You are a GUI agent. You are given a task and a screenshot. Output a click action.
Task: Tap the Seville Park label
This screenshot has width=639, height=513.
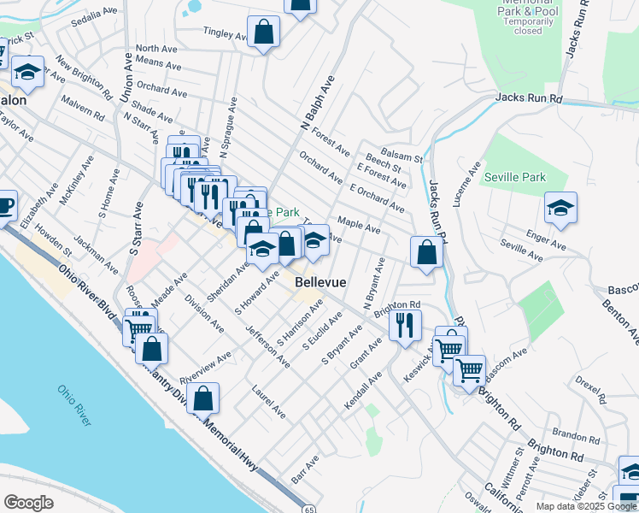[x=513, y=177]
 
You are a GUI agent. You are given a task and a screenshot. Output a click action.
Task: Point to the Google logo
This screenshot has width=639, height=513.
[x=28, y=503]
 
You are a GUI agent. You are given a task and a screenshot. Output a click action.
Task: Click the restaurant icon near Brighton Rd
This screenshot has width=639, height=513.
[x=405, y=325]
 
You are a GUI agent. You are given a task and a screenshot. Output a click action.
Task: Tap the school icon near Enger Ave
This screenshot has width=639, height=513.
[x=560, y=208]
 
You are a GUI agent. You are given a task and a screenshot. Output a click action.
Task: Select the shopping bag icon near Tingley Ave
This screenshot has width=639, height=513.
[x=265, y=32]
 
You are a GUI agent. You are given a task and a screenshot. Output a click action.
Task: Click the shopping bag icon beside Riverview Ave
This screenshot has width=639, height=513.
[x=202, y=398]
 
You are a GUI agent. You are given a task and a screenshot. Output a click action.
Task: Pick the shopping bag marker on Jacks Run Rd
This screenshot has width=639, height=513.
[x=425, y=252]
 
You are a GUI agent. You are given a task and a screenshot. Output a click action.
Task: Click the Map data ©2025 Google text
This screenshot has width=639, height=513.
[x=585, y=506]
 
